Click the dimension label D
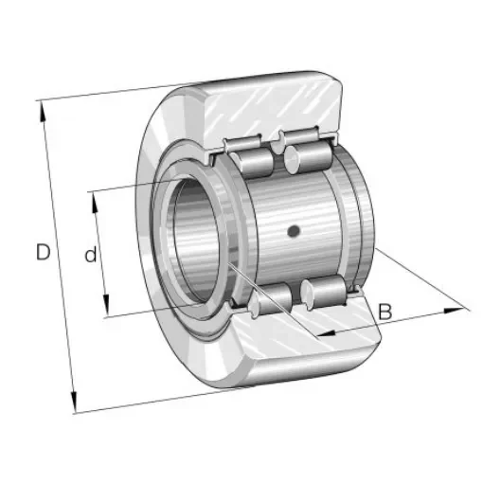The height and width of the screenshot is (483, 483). point(43,253)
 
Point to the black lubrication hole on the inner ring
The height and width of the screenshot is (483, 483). point(294,231)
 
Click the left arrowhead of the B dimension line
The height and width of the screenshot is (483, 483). point(319,335)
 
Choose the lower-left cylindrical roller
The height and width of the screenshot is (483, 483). point(272,300)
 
